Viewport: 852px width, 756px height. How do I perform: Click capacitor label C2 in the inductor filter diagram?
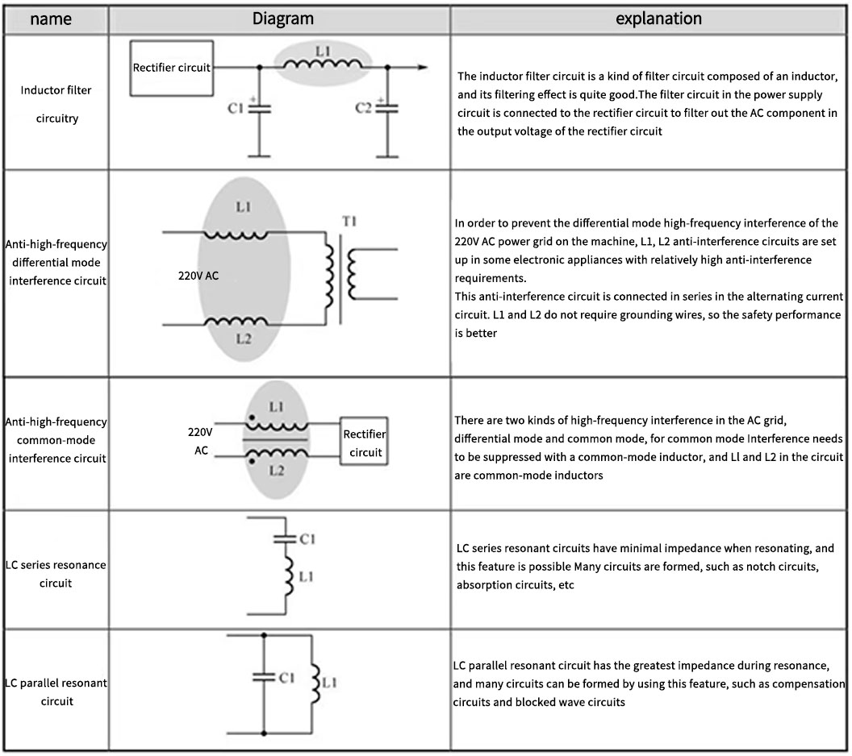point(364,108)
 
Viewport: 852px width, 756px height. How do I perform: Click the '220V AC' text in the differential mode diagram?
point(198,276)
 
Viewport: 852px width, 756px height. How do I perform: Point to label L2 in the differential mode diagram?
point(244,339)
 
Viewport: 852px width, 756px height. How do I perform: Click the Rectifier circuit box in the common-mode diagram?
point(364,442)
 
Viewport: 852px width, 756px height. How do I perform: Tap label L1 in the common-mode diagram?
point(276,407)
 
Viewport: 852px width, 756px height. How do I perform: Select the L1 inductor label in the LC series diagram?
point(307,576)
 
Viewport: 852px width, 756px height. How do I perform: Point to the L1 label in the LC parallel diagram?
point(329,682)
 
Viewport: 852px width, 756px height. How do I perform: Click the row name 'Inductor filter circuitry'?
point(56,104)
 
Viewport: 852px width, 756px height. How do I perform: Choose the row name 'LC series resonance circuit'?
point(56,573)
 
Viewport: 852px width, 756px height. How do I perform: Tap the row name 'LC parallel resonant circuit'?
point(56,692)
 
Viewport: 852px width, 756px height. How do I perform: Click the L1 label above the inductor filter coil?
point(323,51)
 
